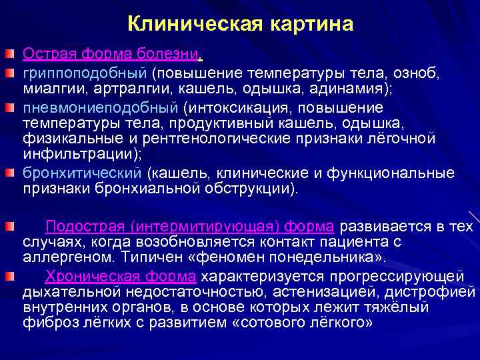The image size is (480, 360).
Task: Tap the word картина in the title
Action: (312, 25)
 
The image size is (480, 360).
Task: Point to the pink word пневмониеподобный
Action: (99, 107)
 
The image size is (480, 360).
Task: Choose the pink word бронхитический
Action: (83, 173)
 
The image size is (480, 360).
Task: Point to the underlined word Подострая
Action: (85, 226)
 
